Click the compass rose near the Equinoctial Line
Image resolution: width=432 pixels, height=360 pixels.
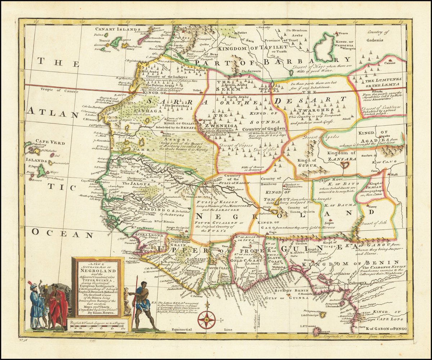(207, 319)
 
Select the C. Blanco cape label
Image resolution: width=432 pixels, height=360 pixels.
(90, 119)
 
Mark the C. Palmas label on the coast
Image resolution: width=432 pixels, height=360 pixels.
(196, 296)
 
